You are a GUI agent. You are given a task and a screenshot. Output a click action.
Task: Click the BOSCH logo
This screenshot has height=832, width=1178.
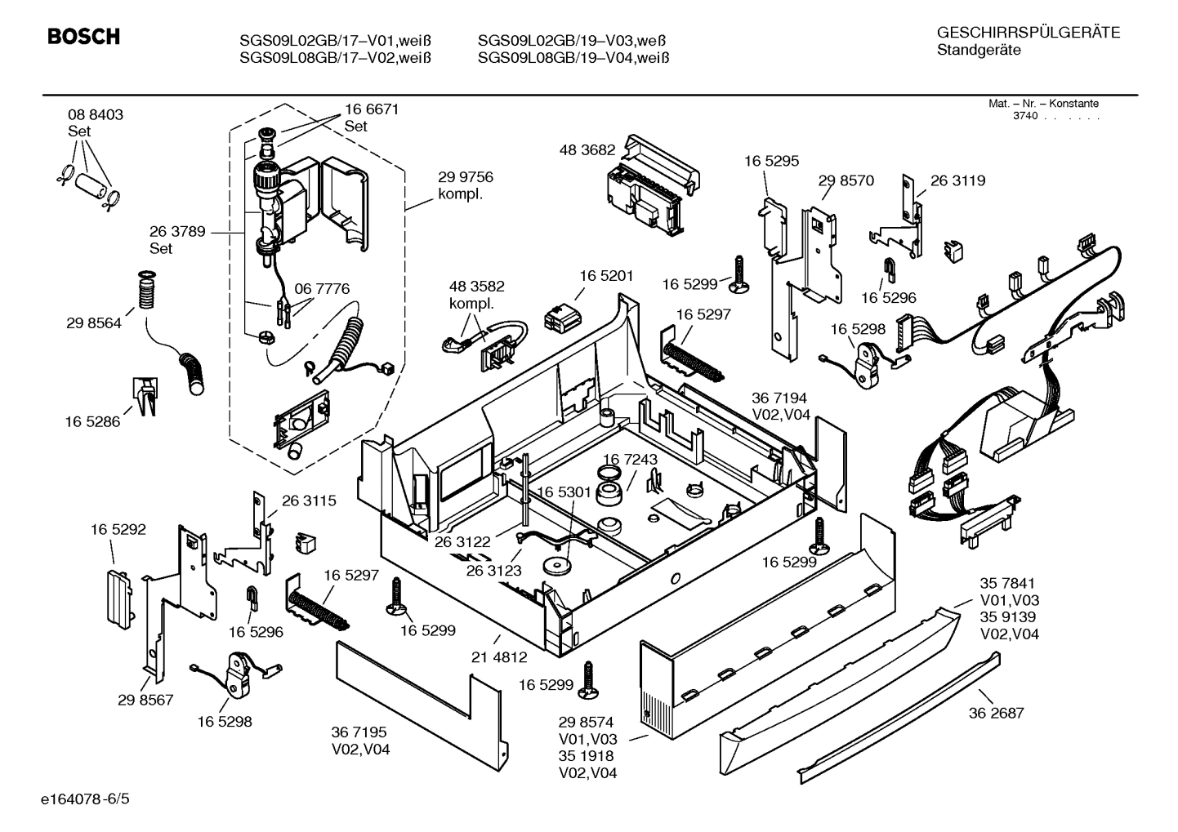click(x=83, y=37)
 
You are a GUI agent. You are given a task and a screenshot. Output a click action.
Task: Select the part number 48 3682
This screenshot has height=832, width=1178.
click(x=587, y=150)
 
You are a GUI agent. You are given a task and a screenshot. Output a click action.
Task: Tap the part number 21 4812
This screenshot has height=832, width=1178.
click(x=499, y=656)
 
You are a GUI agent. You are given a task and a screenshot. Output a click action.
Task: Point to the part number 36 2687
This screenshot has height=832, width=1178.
click(x=996, y=713)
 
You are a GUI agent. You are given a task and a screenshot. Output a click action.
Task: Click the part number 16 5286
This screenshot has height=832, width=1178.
click(x=92, y=421)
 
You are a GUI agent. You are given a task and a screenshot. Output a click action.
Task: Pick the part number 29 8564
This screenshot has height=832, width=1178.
click(x=93, y=323)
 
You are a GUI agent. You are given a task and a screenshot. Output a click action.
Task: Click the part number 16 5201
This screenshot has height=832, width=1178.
click(x=606, y=277)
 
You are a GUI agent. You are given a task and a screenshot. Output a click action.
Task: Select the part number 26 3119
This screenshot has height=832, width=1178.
click(x=957, y=180)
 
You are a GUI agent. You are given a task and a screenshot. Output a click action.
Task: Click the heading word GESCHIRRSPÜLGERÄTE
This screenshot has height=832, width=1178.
click(x=1028, y=33)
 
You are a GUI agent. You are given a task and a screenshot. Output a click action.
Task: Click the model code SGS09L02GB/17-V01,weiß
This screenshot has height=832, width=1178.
click(x=335, y=41)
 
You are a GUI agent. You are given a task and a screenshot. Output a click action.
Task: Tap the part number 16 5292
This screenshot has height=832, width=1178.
click(x=118, y=529)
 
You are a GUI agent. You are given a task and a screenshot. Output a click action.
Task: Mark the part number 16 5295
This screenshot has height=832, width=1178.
click(x=771, y=161)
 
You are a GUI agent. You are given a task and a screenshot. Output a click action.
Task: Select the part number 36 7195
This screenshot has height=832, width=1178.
click(x=359, y=732)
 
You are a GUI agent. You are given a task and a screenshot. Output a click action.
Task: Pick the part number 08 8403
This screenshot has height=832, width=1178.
click(x=96, y=115)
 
